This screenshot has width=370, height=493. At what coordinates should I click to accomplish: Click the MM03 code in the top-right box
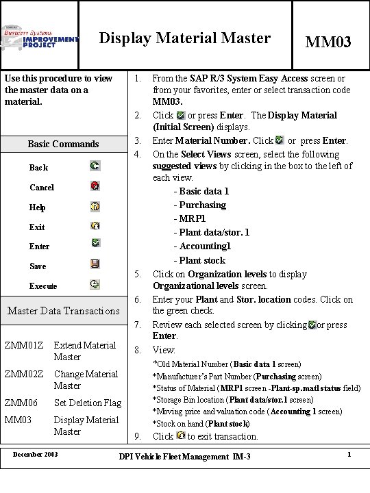click(328, 42)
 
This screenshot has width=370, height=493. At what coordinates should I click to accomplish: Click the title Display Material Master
click(185, 38)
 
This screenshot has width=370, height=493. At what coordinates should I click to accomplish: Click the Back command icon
click(95, 166)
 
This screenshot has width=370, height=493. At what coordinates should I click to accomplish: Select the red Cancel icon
click(95, 186)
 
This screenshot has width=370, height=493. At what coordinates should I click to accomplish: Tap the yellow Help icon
click(95, 205)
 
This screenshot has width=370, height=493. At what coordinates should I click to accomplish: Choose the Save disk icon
click(95, 264)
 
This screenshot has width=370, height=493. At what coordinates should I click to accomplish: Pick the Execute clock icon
click(95, 284)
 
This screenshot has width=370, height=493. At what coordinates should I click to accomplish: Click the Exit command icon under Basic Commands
click(95, 225)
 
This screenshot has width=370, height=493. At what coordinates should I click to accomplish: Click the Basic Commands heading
click(63, 144)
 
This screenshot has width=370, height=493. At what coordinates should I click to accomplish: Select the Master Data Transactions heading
click(63, 311)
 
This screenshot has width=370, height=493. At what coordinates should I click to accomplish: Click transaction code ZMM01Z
click(24, 345)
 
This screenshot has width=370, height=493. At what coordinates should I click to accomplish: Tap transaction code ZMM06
click(21, 403)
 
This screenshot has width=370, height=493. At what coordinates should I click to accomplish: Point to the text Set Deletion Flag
click(88, 403)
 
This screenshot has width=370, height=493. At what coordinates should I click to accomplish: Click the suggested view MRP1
click(193, 218)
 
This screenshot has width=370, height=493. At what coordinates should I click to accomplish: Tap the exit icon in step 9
click(180, 435)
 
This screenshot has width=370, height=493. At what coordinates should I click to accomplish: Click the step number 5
click(137, 275)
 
